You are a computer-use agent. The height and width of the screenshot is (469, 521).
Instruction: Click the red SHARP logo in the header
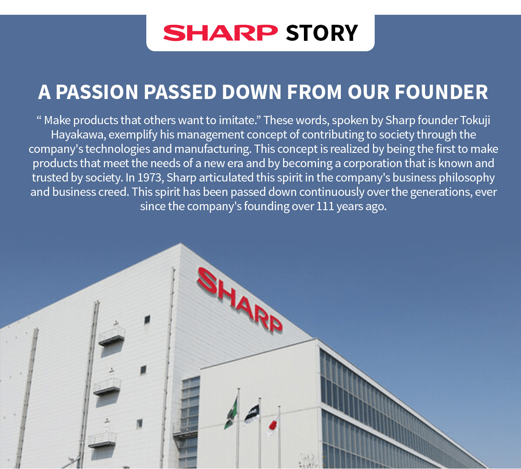(x=220, y=33)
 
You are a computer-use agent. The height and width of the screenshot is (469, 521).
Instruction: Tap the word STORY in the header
(x=322, y=33)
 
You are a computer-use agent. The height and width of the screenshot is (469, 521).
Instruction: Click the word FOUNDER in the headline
(x=441, y=92)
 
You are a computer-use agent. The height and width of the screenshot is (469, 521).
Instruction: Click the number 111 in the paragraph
(x=325, y=206)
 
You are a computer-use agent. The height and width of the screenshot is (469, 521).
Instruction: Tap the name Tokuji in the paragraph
(x=475, y=120)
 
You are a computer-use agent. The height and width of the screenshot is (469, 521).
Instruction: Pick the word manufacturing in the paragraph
(x=212, y=149)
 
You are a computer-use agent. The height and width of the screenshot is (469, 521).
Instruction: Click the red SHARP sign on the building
(x=239, y=300)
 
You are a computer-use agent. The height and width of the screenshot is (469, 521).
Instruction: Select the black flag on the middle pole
(x=252, y=414)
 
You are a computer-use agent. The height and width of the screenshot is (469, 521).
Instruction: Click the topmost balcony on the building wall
(x=112, y=335)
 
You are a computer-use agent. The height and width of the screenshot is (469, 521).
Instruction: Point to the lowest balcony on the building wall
(x=102, y=439)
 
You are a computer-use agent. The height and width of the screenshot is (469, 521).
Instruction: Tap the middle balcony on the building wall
(x=107, y=385)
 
